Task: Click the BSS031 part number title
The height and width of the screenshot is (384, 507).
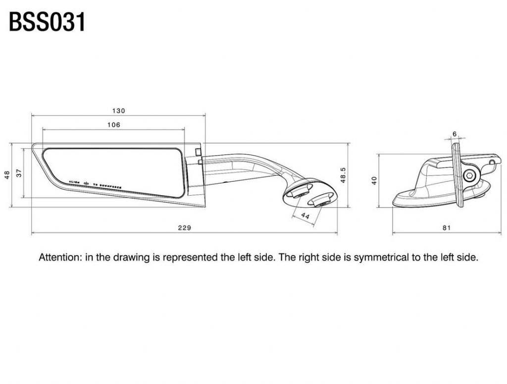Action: click(x=48, y=22)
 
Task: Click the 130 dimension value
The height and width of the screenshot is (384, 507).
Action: click(x=119, y=110)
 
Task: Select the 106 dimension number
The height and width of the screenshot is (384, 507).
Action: click(x=114, y=125)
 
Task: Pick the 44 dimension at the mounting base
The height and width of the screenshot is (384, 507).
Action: click(x=305, y=216)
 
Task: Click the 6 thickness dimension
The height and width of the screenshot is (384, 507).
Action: click(x=455, y=134)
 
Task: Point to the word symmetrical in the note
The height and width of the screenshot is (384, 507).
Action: click(x=379, y=258)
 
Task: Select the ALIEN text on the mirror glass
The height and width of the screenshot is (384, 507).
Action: click(x=73, y=183)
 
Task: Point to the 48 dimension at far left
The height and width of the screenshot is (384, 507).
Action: click(x=7, y=175)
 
